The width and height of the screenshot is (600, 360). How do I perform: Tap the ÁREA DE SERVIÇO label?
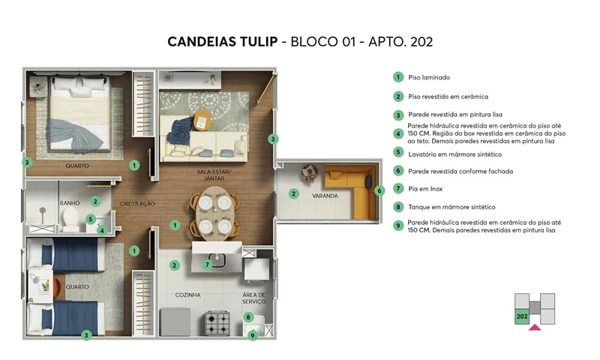[x=254, y=298]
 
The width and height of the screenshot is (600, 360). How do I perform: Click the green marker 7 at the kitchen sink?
[x=208, y=264]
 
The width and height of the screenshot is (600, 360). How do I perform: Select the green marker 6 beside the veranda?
[x=379, y=190]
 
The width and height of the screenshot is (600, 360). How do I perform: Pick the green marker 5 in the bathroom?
[x=90, y=220]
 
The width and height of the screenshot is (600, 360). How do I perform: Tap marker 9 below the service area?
[x=253, y=335]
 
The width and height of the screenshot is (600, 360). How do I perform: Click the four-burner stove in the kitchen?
[x=219, y=323]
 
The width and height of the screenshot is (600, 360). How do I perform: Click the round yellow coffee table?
[x=202, y=119]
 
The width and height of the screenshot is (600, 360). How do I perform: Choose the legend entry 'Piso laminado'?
[x=429, y=77]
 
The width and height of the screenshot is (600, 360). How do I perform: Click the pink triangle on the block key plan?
[x=535, y=327]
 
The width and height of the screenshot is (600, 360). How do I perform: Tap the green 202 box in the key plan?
[x=522, y=316]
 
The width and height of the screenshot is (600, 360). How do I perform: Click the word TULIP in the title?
[x=248, y=42]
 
